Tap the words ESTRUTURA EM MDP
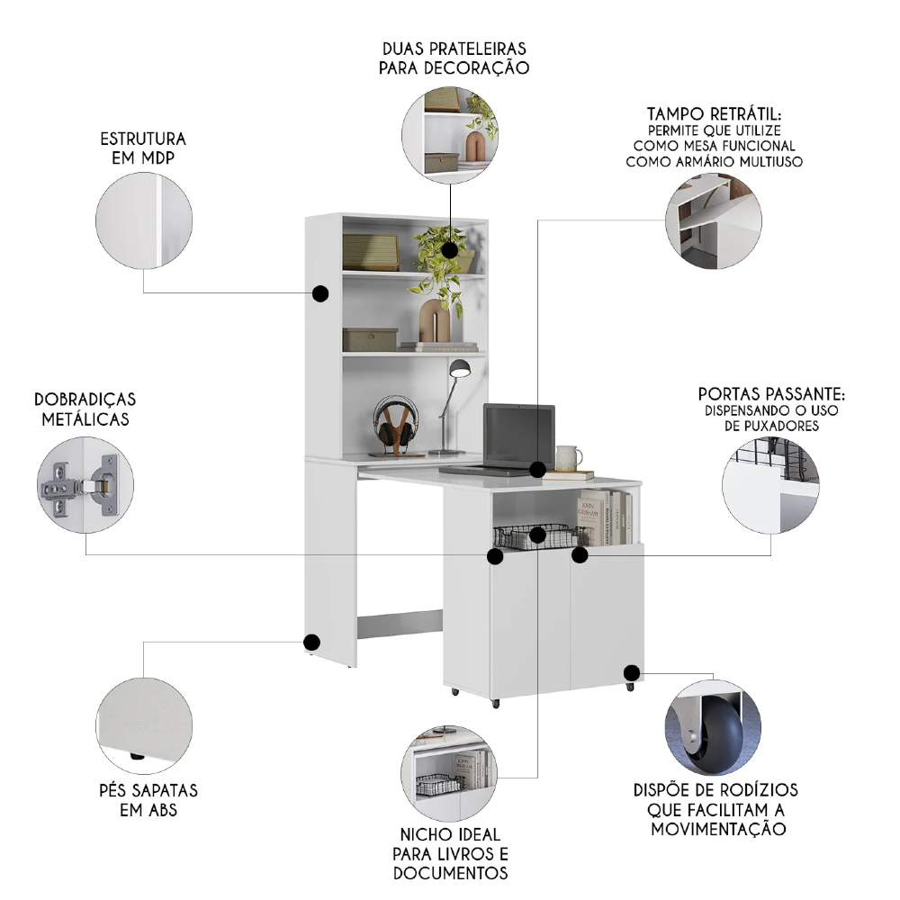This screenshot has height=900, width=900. coord(143,148)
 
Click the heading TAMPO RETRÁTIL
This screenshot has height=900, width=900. coord(714,114)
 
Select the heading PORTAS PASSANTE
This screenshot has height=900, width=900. coord(771,394)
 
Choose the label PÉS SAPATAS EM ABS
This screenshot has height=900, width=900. coord(148,800)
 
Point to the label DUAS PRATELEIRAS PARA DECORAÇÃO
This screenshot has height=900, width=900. coord(454,58)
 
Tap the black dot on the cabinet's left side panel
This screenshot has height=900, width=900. coord(319,293)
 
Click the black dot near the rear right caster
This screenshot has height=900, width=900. coord(632,672)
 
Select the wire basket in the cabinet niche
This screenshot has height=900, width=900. coord(529,537)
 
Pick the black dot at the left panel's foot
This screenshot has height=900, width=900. coord(311,643)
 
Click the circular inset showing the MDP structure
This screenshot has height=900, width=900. coord(144,220)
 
